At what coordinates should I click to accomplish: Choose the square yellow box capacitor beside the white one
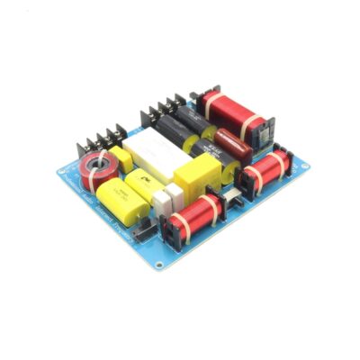tap(195, 173)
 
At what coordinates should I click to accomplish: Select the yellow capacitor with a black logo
tap(144, 186)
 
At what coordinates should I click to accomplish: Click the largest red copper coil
tap(234, 107)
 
